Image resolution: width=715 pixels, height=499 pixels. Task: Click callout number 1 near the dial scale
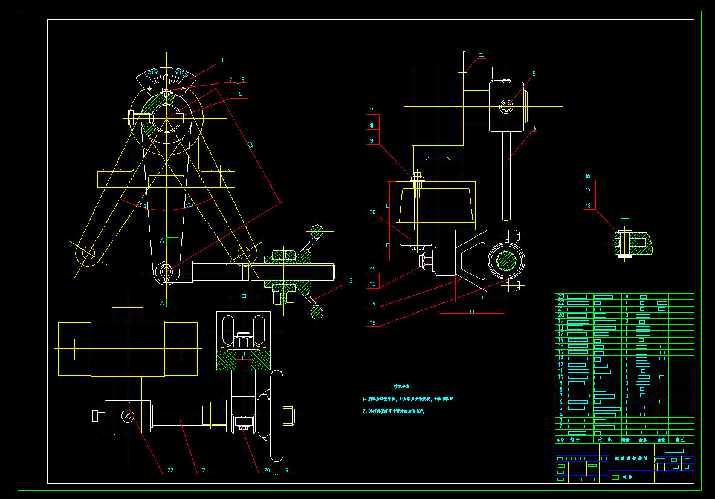point(222,60)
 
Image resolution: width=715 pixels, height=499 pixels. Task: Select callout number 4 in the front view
point(240,94)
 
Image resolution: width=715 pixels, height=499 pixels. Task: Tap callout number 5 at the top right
point(534,74)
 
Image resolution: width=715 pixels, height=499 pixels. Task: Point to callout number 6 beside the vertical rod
point(534,128)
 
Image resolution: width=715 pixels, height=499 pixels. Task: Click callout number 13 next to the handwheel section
point(350,281)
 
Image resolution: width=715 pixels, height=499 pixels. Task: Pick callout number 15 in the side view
point(373,323)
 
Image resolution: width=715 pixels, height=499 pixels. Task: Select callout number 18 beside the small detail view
point(587,206)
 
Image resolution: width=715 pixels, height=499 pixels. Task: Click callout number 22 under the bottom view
point(170,470)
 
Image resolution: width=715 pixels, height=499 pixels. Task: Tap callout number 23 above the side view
point(482,55)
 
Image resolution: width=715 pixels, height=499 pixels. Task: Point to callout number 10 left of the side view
point(373,212)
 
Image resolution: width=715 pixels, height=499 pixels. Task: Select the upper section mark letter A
point(162,240)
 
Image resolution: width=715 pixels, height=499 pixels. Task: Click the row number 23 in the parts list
point(560,296)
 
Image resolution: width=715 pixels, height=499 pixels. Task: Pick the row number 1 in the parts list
point(560,432)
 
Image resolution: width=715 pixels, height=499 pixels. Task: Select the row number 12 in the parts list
point(560,365)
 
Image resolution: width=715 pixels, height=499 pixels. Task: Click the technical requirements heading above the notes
point(402,386)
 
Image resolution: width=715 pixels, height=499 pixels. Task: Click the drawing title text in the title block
point(631,458)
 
